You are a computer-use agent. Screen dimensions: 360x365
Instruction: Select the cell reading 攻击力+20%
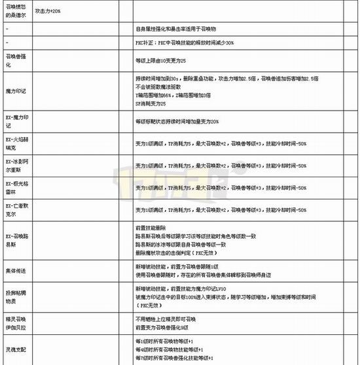[x=48, y=11]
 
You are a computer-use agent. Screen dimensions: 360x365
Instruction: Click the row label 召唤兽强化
[x=14, y=61]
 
